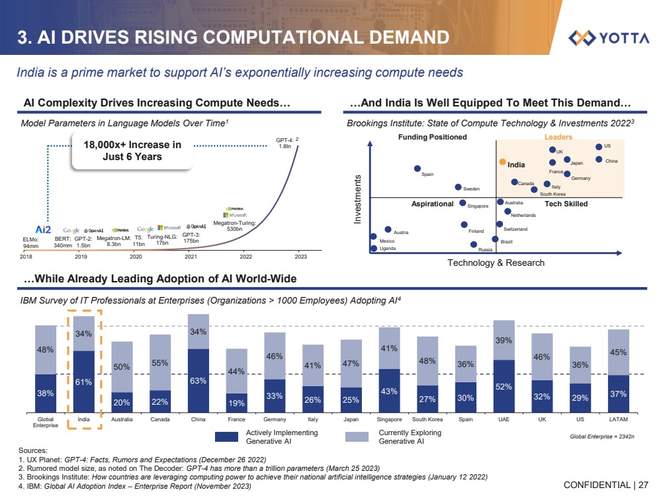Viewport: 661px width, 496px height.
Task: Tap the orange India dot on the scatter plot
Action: (503, 161)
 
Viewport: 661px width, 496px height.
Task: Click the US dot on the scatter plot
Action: (599, 147)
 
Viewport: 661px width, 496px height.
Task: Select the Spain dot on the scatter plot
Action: (418, 169)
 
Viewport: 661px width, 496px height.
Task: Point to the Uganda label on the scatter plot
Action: (388, 249)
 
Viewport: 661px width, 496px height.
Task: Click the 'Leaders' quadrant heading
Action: (558, 137)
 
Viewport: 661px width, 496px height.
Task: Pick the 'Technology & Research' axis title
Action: (496, 263)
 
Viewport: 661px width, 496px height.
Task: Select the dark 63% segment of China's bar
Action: (198, 380)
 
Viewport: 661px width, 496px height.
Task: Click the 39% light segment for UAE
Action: (504, 340)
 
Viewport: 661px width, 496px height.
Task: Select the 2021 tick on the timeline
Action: (192, 256)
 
